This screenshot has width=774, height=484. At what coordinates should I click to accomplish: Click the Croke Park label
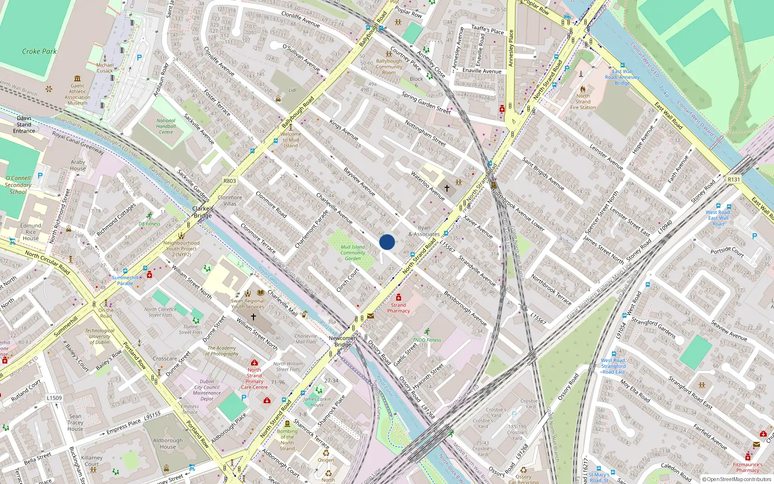click(39, 51)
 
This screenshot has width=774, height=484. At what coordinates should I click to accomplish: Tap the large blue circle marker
click(387, 242)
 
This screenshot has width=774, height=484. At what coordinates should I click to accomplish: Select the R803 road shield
click(230, 181)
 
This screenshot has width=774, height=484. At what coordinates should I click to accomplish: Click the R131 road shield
click(734, 179)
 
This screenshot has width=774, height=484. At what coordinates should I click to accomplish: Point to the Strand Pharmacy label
click(399, 308)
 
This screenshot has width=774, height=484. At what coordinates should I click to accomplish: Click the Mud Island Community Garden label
click(353, 253)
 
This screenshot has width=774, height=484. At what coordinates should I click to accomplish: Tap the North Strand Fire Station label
click(583, 102)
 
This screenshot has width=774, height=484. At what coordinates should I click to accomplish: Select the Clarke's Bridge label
click(203, 212)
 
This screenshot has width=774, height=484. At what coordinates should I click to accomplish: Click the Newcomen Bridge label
click(342, 341)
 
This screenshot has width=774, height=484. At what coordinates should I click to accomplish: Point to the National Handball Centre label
click(166, 126)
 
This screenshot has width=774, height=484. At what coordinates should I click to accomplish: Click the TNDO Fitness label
click(427, 340)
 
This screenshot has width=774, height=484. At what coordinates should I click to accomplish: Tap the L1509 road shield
click(54, 398)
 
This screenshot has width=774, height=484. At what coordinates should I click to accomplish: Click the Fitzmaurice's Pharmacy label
click(747, 467)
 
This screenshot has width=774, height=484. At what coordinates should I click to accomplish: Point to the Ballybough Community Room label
click(389, 67)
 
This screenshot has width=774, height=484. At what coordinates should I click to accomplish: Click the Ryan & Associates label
click(424, 231)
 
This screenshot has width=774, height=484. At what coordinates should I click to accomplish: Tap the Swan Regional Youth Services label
click(248, 303)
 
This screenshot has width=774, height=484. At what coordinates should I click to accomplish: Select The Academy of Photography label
click(222, 351)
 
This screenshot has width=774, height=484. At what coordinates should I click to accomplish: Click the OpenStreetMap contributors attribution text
click(739, 479)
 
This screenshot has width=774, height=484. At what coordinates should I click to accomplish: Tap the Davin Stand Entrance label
click(24, 124)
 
